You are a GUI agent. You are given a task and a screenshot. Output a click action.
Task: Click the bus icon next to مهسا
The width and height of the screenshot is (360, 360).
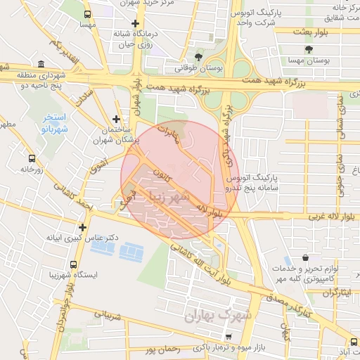pyautogui.click(x=87, y=14)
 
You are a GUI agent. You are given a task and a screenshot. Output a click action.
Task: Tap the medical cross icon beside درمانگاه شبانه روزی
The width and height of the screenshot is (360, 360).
pyautogui.click(x=124, y=22)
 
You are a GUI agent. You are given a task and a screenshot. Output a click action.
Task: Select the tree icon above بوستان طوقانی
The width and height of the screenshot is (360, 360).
pyautogui.click(x=200, y=57)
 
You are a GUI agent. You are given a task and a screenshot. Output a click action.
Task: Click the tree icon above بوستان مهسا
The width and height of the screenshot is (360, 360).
pyautogui.click(x=309, y=49)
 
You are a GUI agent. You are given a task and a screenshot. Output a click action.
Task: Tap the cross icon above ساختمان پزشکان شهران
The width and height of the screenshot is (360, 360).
pyautogui.click(x=117, y=120)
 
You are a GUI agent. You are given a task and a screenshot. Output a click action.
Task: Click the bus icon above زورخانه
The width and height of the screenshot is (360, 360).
pyautogui.click(x=30, y=157)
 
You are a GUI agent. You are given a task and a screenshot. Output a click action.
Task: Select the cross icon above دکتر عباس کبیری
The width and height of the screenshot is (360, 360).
pyautogui.click(x=84, y=227)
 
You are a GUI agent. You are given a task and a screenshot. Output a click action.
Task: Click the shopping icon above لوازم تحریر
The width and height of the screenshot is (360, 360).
pyautogui.click(x=304, y=258)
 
